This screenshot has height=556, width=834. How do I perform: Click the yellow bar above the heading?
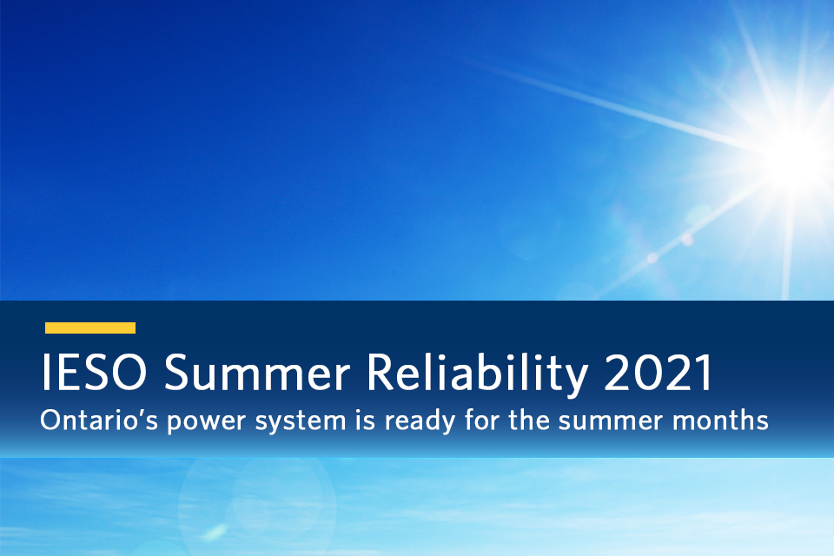pyautogui.click(x=90, y=328)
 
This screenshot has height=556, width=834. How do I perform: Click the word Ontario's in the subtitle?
pyautogui.click(x=98, y=421)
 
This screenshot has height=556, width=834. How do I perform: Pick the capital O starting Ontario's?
pyautogui.click(x=50, y=421)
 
